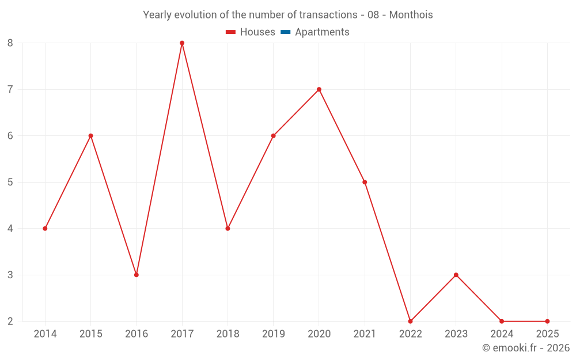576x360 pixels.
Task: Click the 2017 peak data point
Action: click(182, 43)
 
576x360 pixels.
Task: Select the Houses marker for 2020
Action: click(319, 89)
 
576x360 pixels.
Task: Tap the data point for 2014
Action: click(45, 229)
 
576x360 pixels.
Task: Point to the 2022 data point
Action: click(410, 321)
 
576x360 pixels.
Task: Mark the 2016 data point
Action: click(137, 275)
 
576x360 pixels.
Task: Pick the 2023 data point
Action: click(456, 275)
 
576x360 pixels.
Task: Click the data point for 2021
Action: click(365, 182)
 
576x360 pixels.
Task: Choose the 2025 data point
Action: click(547, 321)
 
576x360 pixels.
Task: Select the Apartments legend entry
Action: click(322, 32)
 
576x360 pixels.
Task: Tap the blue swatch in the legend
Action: click(285, 32)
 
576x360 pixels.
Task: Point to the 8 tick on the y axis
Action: click(10, 43)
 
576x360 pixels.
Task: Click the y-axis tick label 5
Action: click(10, 182)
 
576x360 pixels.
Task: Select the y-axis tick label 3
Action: click(10, 275)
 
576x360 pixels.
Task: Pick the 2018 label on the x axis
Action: click(228, 334)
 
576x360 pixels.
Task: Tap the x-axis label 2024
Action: click(502, 334)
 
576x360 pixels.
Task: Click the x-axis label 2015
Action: click(91, 334)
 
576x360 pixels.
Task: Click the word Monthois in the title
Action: click(411, 15)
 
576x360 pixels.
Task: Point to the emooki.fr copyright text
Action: click(526, 348)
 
